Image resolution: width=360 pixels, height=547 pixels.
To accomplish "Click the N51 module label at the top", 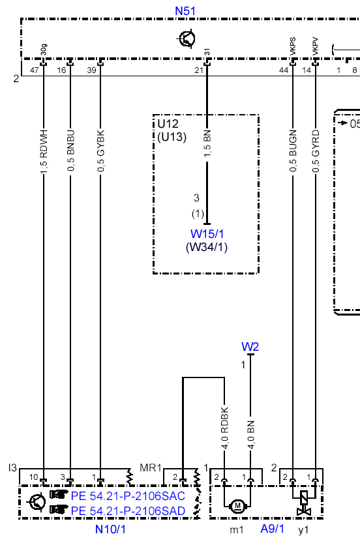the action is [185, 11].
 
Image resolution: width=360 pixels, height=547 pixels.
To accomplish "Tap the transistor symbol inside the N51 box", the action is [187, 38].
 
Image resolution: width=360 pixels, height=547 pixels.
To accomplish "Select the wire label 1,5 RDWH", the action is [44, 152].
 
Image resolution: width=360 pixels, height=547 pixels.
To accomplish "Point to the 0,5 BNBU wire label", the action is [71, 151].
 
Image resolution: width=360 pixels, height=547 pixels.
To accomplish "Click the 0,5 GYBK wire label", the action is [101, 151].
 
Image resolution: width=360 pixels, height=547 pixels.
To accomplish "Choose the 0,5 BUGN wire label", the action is [293, 151].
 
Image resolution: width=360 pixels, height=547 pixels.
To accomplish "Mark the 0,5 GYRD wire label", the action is [316, 151].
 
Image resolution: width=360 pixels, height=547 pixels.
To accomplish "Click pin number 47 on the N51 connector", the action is [34, 70].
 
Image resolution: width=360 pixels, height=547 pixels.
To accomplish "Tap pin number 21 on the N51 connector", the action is [199, 70].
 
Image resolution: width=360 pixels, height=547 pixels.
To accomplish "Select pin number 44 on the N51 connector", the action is [284, 70].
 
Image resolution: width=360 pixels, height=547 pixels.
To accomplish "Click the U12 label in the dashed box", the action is [168, 124].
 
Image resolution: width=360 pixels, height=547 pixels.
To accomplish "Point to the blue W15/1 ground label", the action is [207, 234].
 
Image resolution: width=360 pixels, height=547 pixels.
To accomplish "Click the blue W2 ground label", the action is [250, 347].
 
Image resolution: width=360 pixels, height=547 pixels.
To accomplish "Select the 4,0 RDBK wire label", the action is [224, 428].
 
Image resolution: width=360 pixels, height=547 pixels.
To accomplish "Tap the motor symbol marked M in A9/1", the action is [238, 505].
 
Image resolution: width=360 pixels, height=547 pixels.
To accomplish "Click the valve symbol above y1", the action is [304, 503].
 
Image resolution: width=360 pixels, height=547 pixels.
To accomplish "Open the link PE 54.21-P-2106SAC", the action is [128, 495].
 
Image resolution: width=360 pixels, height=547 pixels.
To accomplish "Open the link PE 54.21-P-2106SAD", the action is [128, 510].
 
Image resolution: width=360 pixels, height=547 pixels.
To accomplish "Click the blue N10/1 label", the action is [110, 529].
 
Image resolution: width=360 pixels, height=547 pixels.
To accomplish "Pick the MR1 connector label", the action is [151, 468].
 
